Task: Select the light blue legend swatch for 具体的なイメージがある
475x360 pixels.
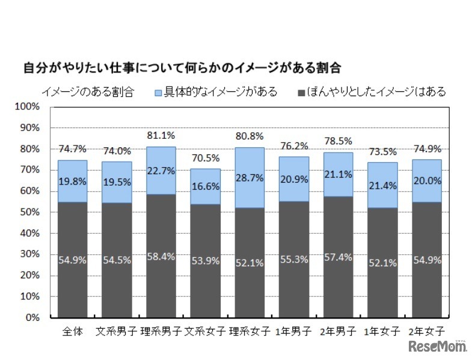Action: coord(159,93)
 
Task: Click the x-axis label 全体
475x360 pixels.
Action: coord(72,331)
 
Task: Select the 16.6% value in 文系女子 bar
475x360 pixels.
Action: coord(205,187)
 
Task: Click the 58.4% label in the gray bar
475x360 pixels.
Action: coord(161,256)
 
